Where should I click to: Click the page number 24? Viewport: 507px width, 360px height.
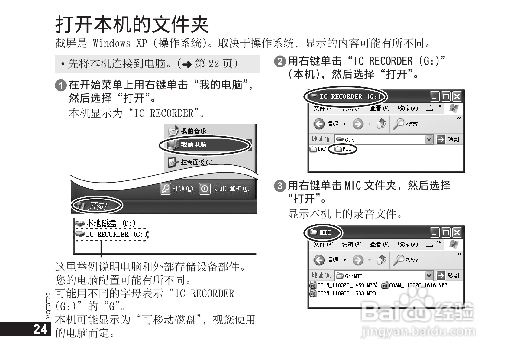(40, 329)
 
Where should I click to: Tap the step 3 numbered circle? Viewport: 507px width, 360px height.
(280, 185)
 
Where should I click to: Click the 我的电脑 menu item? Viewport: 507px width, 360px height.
(193, 145)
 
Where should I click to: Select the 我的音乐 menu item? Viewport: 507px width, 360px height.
(193, 131)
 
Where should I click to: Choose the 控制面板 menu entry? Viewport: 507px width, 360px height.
(196, 162)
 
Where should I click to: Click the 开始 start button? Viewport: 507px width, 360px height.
(97, 206)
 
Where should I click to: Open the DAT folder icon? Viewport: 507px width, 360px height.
(313, 149)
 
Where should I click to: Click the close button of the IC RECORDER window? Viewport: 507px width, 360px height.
(457, 96)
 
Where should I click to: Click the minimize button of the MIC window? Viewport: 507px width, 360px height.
(434, 233)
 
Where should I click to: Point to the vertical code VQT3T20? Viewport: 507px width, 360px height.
(48, 305)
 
